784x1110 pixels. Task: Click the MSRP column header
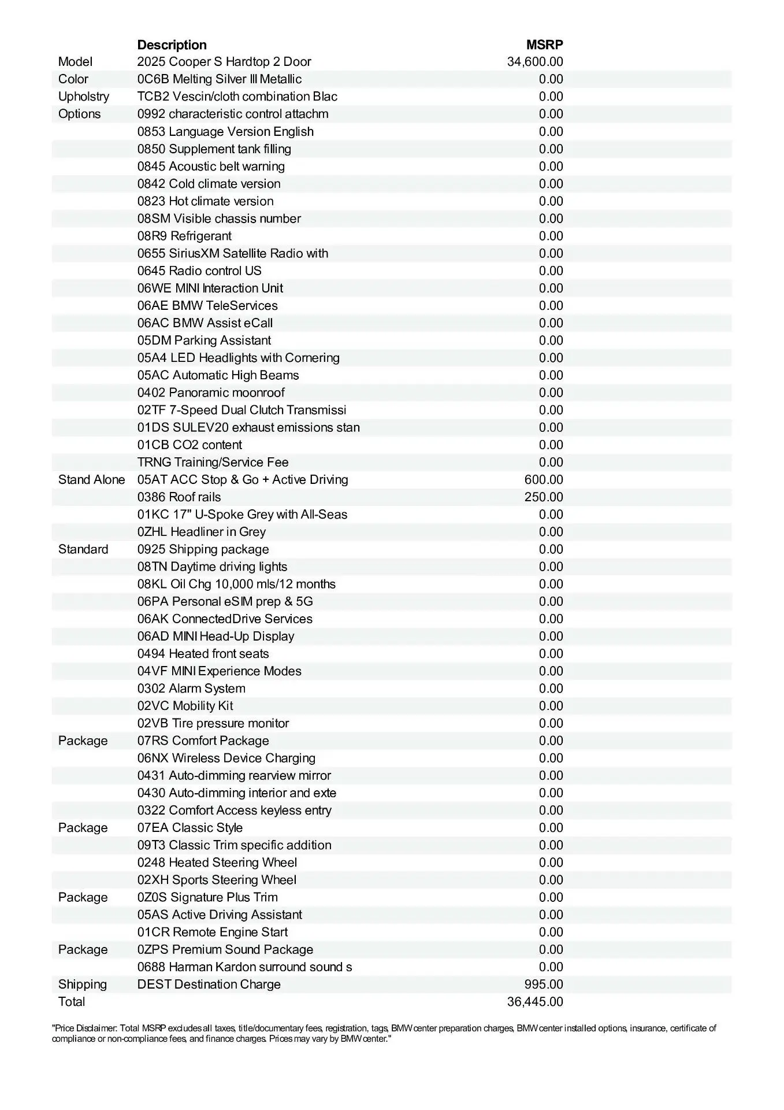(544, 45)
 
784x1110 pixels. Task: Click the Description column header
(172, 45)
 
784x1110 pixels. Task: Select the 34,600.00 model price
(535, 62)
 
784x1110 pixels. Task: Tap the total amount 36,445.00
(535, 1002)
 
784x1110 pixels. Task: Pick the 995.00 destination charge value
(544, 985)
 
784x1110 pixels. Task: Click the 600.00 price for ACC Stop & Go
(544, 480)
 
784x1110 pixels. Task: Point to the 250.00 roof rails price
(544, 497)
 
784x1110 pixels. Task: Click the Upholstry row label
(84, 97)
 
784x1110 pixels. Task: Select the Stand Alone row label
(91, 480)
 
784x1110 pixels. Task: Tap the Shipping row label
(83, 985)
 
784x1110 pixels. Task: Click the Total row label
(72, 1002)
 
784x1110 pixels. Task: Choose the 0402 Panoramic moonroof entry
(211, 393)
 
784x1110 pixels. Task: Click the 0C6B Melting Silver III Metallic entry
(220, 79)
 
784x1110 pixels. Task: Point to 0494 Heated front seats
(203, 654)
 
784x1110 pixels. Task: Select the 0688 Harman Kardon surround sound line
(244, 967)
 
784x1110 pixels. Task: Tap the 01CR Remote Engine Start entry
(213, 933)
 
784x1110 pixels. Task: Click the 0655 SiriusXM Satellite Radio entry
(233, 253)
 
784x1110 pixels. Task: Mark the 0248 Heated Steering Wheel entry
(217, 863)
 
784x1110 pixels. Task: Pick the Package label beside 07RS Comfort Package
(83, 741)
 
